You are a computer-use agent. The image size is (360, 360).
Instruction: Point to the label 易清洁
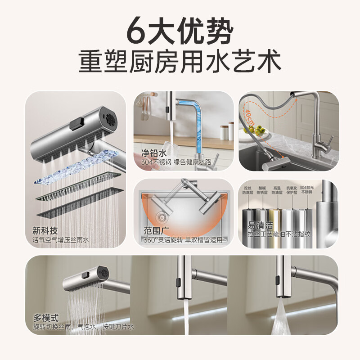[257, 225]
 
